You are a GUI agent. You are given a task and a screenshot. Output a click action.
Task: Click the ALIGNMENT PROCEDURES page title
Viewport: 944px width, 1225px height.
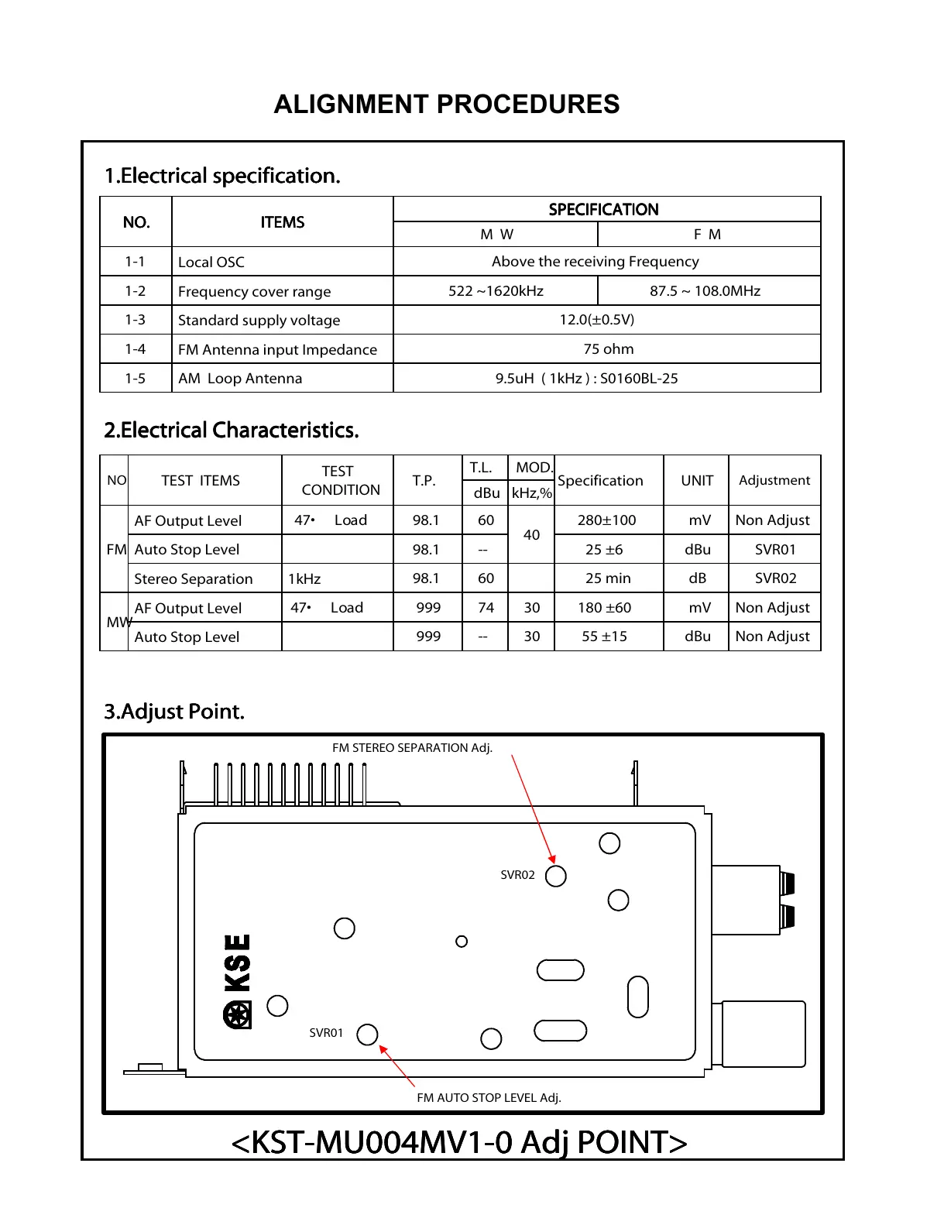pos(447,105)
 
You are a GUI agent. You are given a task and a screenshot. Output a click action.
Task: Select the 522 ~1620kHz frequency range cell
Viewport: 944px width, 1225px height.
pos(496,291)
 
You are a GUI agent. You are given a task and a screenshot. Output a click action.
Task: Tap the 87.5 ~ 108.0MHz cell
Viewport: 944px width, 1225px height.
pos(705,291)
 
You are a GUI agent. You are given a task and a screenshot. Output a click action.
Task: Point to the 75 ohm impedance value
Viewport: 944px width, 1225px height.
pos(608,349)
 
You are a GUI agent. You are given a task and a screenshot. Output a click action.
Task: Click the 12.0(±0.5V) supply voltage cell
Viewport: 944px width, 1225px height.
pos(596,320)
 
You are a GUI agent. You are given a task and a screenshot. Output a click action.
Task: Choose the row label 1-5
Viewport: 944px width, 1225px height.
pos(136,379)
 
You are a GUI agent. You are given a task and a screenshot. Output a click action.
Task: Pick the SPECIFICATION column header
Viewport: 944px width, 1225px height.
pos(603,210)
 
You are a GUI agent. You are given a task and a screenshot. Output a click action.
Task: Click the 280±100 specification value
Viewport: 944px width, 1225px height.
pos(607,520)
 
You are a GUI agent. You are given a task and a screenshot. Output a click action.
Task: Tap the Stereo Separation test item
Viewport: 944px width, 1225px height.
pos(194,579)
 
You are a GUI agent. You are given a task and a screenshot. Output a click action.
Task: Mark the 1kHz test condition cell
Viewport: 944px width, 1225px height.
pos(304,579)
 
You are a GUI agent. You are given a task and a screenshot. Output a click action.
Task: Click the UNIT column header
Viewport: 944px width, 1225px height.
pos(697,481)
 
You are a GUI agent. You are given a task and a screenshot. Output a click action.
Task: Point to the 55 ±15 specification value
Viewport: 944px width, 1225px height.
pos(605,637)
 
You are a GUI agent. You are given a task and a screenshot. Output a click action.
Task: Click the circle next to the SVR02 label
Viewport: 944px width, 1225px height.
pos(556,876)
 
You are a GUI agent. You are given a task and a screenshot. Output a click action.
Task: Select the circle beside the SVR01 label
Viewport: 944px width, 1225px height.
pos(367,1034)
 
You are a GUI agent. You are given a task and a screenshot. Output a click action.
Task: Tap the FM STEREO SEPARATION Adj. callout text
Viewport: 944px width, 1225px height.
pos(412,748)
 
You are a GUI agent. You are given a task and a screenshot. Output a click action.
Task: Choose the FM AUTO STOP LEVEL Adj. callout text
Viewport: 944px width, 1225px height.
pos(489,1097)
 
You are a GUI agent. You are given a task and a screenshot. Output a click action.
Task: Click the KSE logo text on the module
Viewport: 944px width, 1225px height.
pos(237,963)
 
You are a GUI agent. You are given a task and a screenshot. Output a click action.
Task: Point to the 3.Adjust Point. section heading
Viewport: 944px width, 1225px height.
pos(174,712)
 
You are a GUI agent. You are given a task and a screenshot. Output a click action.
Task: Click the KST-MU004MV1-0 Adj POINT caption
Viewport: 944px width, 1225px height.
pos(459,1142)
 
